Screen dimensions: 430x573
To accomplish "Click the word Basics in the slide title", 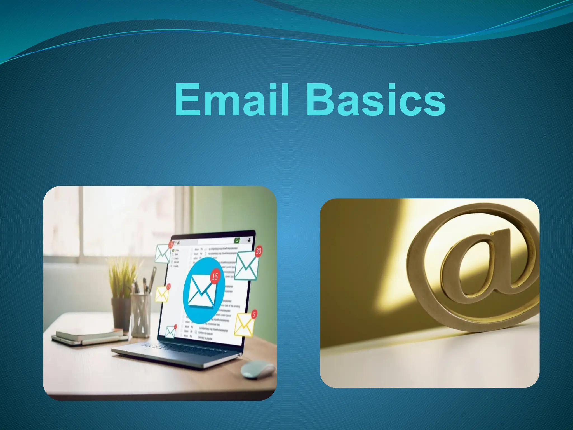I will tap(376, 100).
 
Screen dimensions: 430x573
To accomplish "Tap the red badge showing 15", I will tap(215, 277).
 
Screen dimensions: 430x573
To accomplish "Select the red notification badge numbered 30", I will tap(259, 251).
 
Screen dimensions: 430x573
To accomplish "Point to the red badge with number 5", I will tap(254, 314).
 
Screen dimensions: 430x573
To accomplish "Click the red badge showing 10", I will tap(170, 245).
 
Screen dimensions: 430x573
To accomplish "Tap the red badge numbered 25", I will tap(168, 286).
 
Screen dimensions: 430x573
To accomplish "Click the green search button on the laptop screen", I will tap(237, 240).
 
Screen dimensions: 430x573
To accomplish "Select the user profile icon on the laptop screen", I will tap(249, 240).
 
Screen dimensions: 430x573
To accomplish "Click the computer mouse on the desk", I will tap(258, 369).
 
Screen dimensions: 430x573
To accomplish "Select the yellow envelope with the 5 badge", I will tap(244, 325).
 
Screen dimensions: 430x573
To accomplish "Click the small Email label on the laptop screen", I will tap(177, 242).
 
